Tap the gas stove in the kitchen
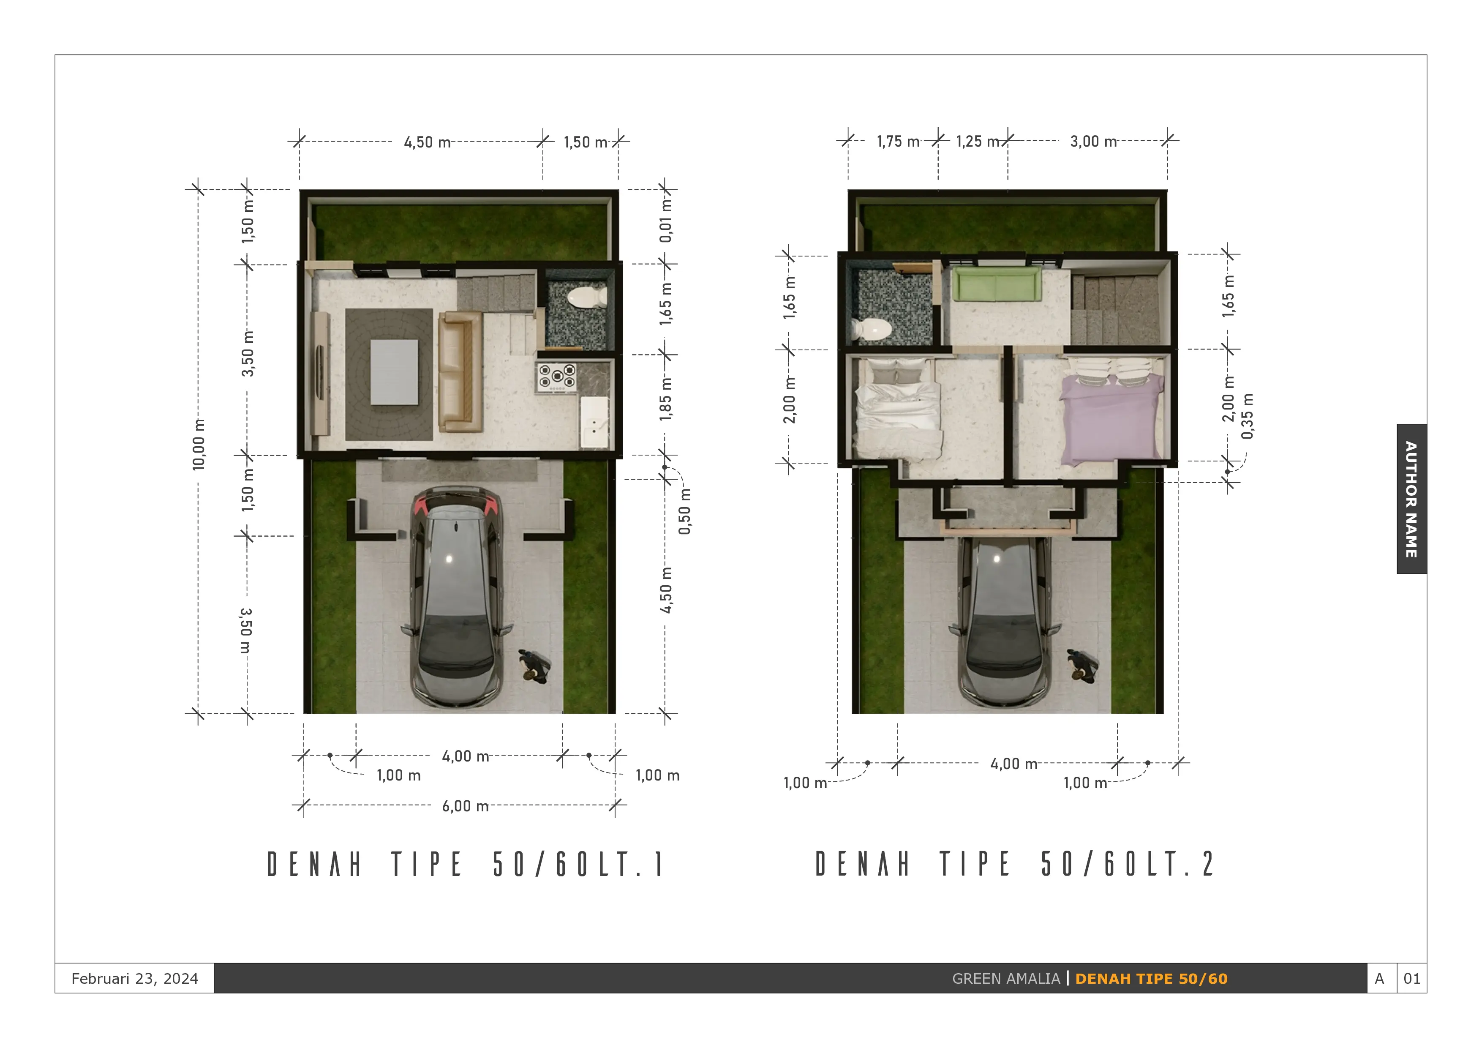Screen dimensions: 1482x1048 click(x=556, y=377)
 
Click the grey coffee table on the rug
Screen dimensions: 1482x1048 click(x=394, y=372)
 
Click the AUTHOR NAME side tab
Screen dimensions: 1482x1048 click(x=1411, y=499)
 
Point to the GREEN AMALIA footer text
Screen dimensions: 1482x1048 click(x=1005, y=979)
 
